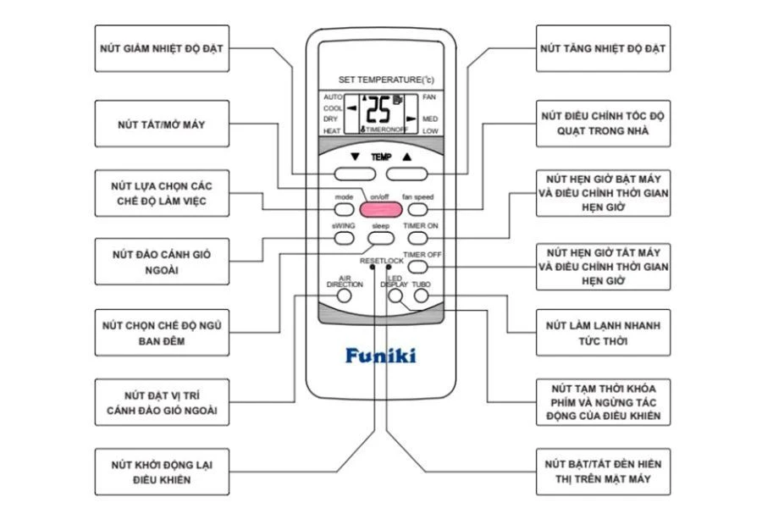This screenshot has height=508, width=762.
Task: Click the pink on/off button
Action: click(x=378, y=208)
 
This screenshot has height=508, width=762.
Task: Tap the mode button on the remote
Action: click(x=343, y=207)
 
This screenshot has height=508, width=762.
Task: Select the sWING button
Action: click(x=343, y=238)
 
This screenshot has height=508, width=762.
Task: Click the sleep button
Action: click(x=378, y=238)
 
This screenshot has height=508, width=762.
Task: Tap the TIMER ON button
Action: click(x=420, y=238)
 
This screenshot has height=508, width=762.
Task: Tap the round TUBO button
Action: click(x=421, y=296)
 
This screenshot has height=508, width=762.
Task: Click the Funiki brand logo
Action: click(x=380, y=354)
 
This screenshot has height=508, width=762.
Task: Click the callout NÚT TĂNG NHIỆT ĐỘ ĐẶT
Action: click(x=604, y=48)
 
